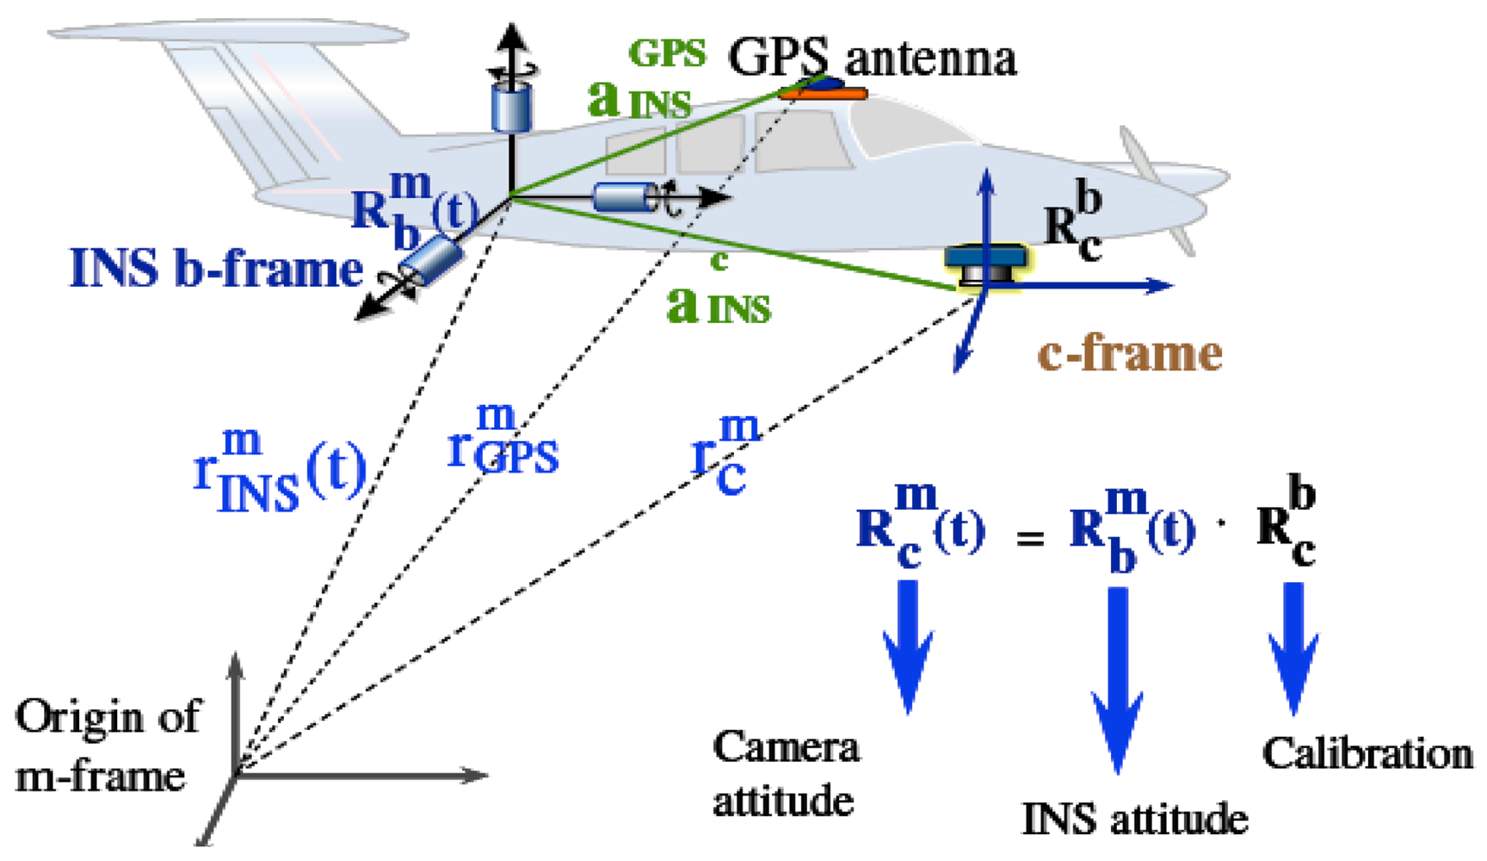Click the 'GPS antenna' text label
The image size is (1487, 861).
[872, 59]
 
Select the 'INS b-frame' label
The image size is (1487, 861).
[215, 269]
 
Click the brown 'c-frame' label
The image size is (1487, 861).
[1130, 354]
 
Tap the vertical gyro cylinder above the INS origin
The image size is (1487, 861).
[511, 105]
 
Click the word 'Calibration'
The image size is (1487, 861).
[1367, 754]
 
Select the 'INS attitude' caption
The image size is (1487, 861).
[1134, 819]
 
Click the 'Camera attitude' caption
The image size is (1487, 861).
[785, 774]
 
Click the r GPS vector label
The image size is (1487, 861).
[503, 443]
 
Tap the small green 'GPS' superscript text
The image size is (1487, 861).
[667, 53]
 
